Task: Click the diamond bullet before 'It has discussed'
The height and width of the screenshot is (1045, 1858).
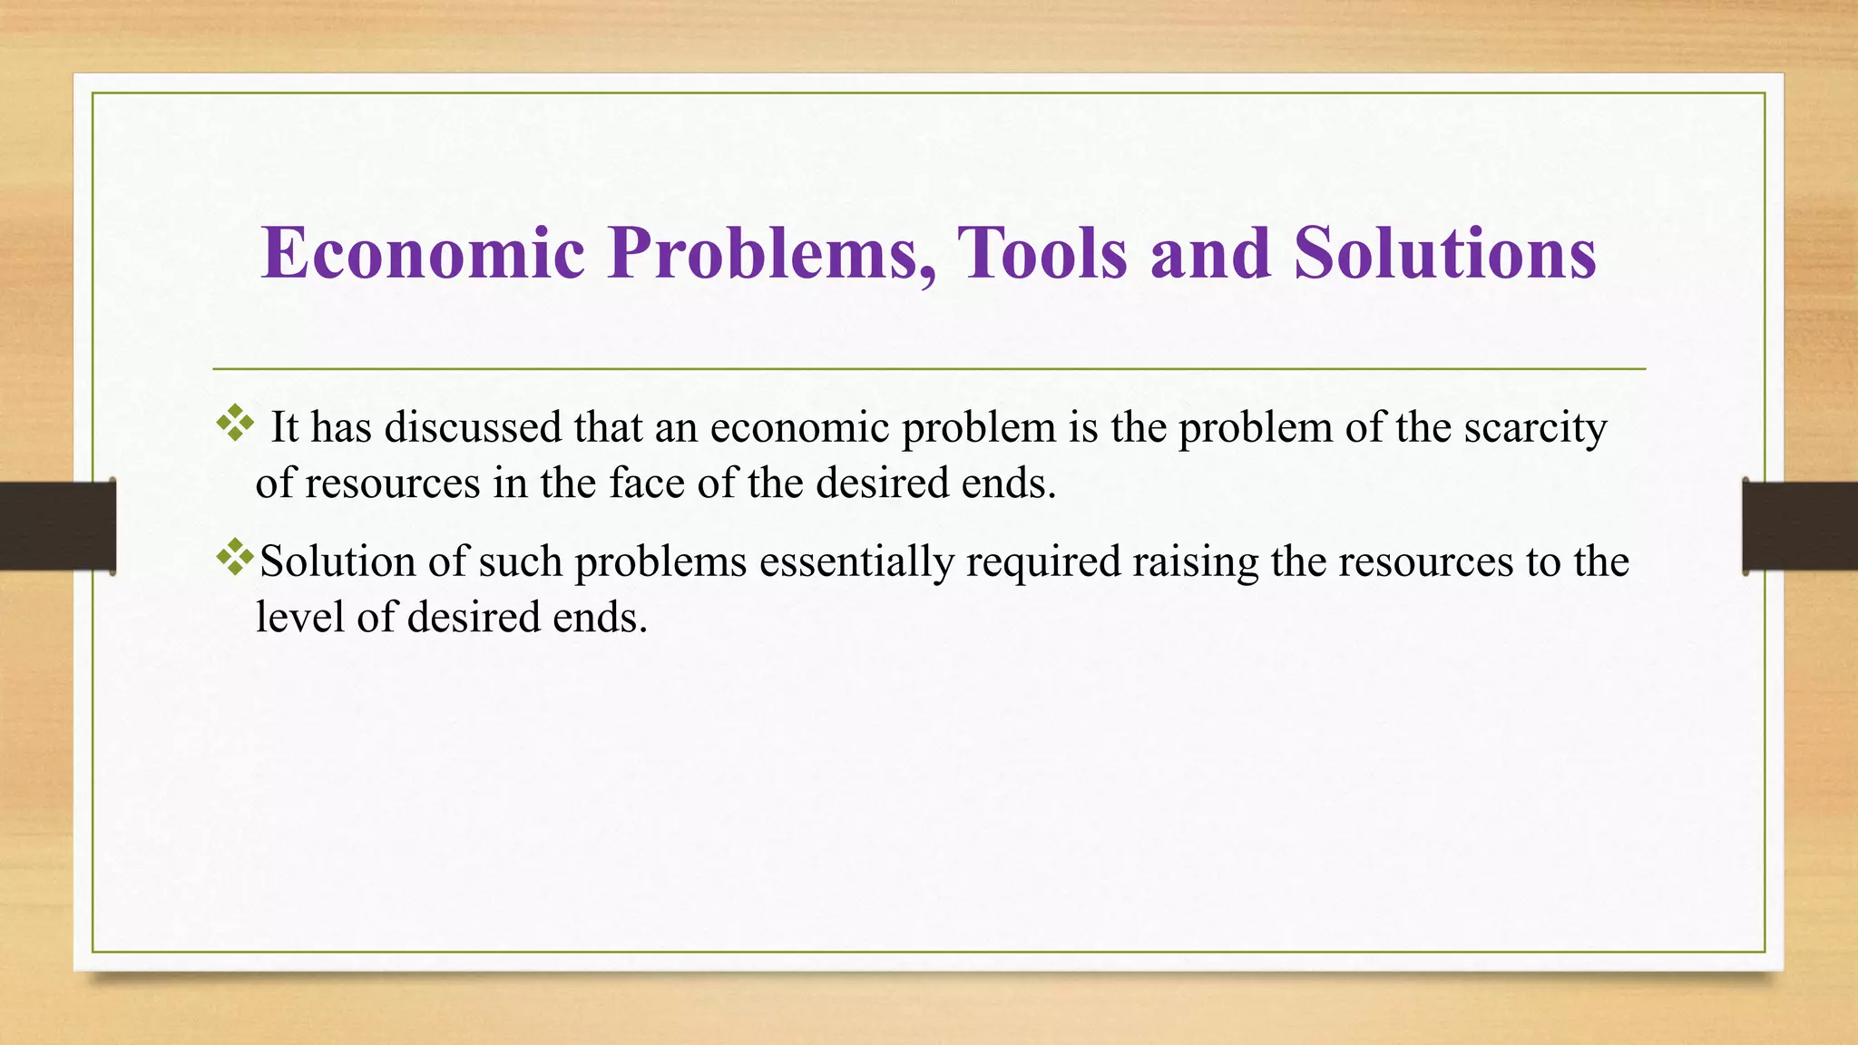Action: point(235,424)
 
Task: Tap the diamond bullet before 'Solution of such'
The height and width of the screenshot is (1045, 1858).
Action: point(235,557)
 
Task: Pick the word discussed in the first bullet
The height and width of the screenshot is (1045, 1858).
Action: point(473,427)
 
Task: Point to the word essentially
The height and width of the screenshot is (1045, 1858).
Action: point(856,562)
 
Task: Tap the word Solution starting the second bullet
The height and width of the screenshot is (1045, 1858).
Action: point(337,562)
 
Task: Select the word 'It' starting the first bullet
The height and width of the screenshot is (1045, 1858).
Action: point(284,427)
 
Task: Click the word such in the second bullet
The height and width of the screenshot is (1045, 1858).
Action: point(520,562)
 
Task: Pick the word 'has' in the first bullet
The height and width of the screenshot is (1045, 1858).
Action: point(341,427)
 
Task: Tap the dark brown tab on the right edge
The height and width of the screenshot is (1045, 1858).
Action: point(1800,526)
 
